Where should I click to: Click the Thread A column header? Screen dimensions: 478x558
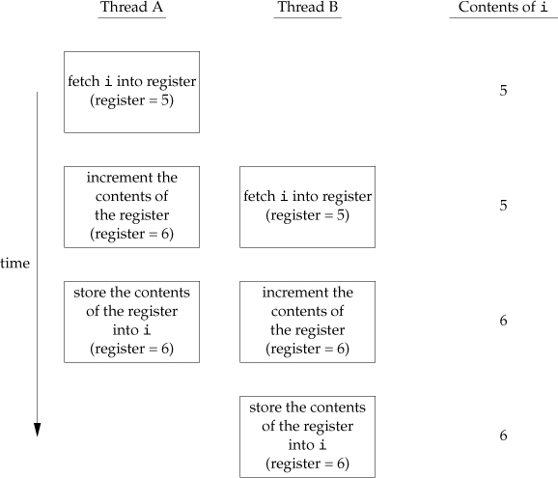point(131,9)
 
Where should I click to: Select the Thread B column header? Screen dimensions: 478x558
point(307,9)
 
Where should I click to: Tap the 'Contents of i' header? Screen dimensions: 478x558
point(503,9)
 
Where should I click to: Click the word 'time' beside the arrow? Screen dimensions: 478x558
point(14,263)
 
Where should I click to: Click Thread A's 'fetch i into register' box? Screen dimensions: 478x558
point(131,92)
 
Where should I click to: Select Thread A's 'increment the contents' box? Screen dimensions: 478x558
point(131,207)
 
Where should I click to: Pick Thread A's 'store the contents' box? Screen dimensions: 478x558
point(131,322)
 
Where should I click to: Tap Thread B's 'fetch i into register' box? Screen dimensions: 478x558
point(307,207)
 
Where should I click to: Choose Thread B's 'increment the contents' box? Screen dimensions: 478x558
point(307,322)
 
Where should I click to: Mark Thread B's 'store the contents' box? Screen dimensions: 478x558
point(307,436)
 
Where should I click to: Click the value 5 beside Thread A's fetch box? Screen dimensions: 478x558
point(503,92)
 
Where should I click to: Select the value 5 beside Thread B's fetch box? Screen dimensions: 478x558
point(503,207)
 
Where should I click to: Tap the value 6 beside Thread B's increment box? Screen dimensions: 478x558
point(503,322)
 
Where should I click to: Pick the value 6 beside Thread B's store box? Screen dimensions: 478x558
point(503,436)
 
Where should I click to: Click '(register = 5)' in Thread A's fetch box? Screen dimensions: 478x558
point(131,100)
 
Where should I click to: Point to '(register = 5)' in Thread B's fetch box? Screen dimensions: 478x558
point(307,215)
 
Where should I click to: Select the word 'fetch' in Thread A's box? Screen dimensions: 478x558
point(85,83)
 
